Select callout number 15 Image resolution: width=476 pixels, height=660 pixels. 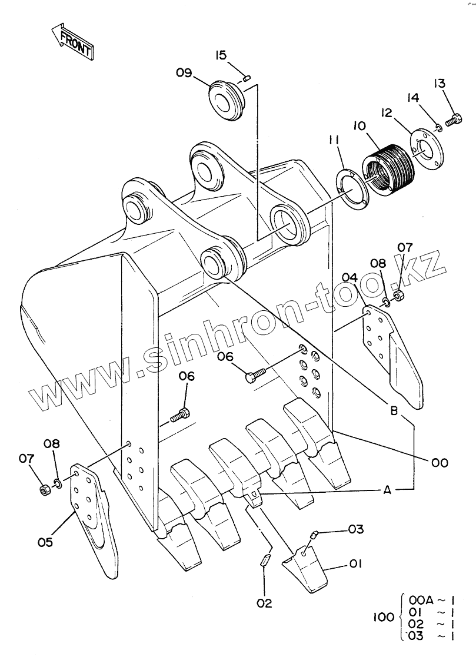pos(221,55)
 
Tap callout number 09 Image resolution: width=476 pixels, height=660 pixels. pos(184,73)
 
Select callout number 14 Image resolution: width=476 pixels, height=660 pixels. pos(413,98)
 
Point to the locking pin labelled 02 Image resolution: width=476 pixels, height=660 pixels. pos(265,560)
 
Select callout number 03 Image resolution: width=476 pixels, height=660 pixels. pos(356,529)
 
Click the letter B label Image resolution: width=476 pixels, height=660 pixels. pos(394,410)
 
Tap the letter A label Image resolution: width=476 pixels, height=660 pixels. pos(387,490)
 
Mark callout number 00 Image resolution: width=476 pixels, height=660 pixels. pos(440,463)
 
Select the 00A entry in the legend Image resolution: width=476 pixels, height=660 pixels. pos(421,599)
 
